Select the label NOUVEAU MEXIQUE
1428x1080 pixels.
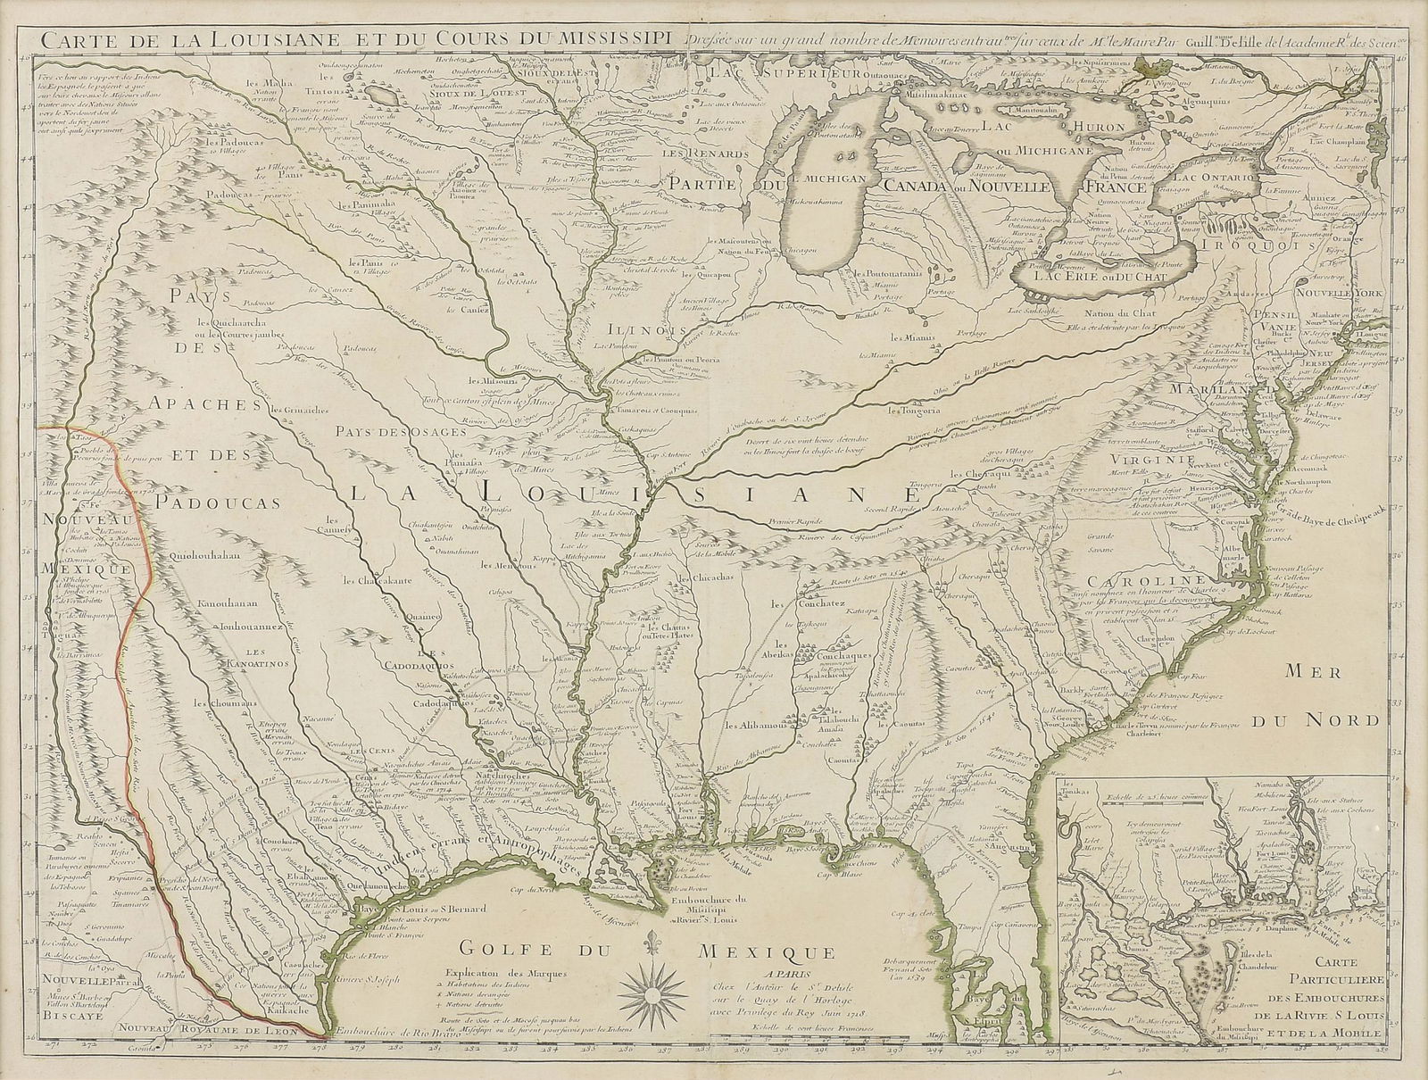coord(84,543)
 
